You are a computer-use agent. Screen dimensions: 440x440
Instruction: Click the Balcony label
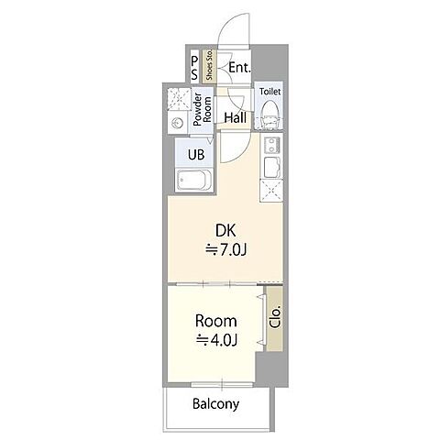click(215, 404)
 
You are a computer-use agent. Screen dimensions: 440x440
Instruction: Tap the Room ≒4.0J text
click(216, 331)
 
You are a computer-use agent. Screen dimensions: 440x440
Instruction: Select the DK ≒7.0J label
click(226, 240)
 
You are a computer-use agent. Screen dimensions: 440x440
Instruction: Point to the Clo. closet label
click(275, 318)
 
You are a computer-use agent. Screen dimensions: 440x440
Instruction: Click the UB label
click(196, 155)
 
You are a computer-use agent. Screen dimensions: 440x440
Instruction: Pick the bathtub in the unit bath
click(194, 181)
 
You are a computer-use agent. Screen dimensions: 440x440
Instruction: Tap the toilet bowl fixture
click(269, 115)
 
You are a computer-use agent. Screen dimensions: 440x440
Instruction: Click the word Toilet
click(269, 92)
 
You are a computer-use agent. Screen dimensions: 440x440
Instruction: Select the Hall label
click(236, 117)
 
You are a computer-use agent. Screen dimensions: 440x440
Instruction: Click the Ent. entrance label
click(239, 68)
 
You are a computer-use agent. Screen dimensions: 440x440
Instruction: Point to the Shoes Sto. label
click(209, 65)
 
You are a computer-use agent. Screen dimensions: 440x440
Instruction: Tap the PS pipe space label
click(194, 68)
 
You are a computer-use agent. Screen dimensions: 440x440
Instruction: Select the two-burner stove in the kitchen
click(271, 145)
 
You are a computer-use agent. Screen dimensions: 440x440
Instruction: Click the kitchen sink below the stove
click(271, 167)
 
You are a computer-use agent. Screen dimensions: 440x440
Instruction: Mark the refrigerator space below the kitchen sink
click(271, 191)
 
